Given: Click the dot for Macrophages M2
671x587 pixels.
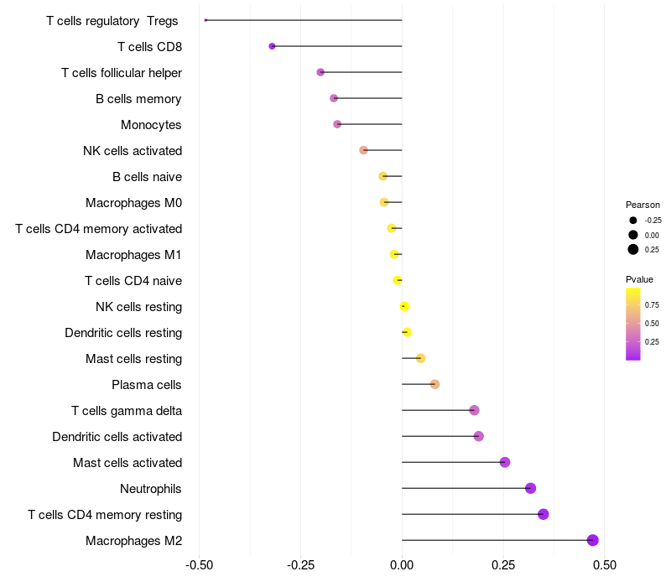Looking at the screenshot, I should point(593,540).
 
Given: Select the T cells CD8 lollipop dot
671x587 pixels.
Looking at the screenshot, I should point(272,46).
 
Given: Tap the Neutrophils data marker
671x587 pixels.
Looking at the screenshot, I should point(530,488).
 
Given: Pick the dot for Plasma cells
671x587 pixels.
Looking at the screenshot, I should point(434,384).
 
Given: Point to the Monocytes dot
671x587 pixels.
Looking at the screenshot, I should point(337,124).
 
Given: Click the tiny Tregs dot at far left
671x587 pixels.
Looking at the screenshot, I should point(205,20).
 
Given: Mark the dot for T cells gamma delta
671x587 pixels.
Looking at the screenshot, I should point(474,410).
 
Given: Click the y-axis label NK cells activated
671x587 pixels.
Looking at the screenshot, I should point(133,151).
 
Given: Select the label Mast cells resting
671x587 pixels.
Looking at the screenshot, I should point(133,359).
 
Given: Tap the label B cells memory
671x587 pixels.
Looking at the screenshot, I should point(138,99).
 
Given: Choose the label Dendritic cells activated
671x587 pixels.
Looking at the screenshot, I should point(117,437).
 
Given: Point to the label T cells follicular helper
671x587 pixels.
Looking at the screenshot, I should point(122,73).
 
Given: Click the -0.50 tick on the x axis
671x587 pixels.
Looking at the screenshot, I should point(199,565).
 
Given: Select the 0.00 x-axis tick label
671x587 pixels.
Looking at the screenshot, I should point(402,565).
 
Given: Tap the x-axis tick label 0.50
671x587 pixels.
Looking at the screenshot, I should point(604,565).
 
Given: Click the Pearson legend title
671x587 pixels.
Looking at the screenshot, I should point(642,205).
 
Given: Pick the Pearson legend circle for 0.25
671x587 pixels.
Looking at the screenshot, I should point(633,249).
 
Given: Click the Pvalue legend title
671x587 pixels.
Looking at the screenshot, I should point(639,279).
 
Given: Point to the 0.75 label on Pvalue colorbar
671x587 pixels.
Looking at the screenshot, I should point(652,304).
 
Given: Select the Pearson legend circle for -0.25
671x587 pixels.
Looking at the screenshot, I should point(633,220).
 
